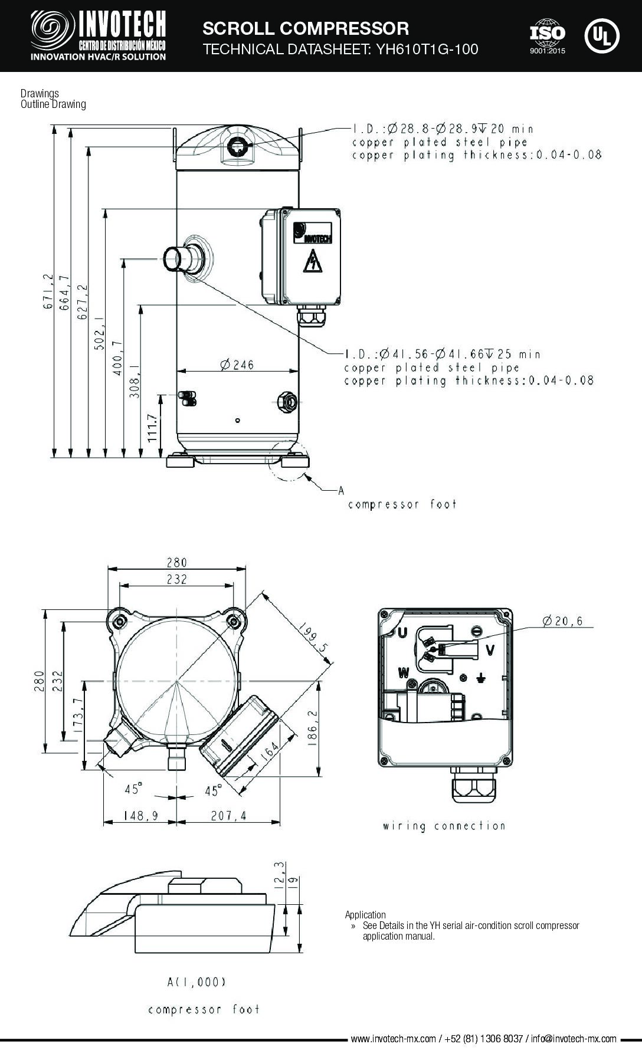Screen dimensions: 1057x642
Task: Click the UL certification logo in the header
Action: click(x=602, y=35)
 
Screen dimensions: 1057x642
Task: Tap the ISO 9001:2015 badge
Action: click(x=548, y=37)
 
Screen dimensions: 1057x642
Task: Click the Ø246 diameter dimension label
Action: click(x=237, y=365)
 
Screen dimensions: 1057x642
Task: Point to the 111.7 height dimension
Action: click(x=152, y=428)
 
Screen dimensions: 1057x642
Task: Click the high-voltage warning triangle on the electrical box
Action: click(x=312, y=261)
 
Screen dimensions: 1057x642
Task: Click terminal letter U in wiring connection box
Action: click(x=404, y=633)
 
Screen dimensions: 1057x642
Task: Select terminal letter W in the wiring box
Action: click(x=404, y=672)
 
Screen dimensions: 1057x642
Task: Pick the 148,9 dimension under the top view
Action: click(x=140, y=816)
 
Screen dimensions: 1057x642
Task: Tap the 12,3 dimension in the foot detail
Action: click(x=281, y=872)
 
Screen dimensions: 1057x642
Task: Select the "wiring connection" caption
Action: click(x=444, y=826)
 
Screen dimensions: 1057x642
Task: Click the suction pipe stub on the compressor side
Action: click(x=176, y=258)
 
